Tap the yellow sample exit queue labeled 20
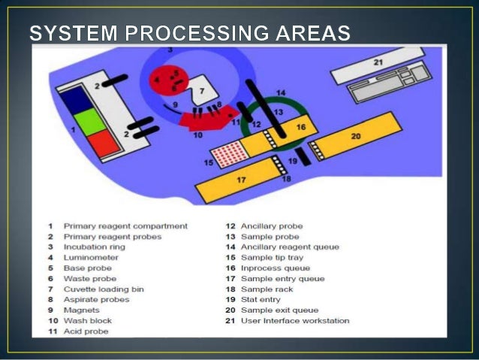357,136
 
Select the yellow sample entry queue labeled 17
240,181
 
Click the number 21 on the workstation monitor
378,62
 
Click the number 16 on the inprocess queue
300,128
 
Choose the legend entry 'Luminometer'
86,257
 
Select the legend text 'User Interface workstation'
296,320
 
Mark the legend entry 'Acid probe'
86,331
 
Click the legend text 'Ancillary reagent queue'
290,247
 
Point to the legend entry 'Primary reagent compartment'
125,225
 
